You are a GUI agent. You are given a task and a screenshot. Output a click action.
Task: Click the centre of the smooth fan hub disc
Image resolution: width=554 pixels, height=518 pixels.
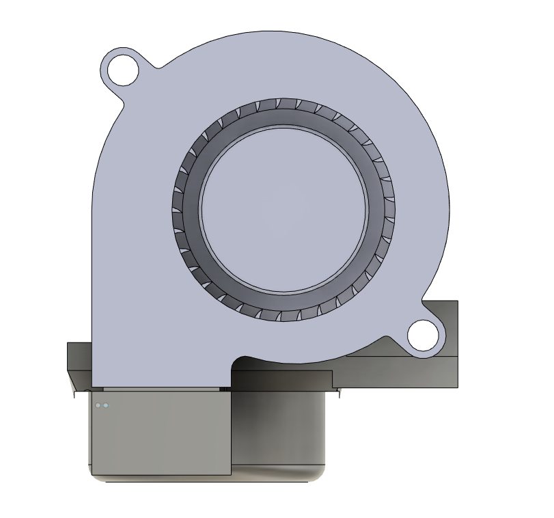[283, 208]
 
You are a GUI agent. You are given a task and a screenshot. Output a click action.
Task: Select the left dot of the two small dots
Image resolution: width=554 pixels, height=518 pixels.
[98, 406]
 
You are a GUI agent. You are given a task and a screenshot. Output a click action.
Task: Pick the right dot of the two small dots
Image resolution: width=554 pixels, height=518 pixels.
[105, 406]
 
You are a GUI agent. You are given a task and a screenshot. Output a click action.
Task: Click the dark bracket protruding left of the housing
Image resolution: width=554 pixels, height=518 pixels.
[78, 355]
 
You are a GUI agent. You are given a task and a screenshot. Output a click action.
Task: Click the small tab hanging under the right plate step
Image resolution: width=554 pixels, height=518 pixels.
[339, 392]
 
